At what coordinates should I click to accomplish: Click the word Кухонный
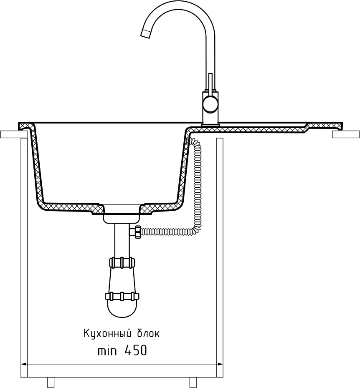coord(107,334)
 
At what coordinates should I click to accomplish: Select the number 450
coord(136,350)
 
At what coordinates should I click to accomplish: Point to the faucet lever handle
coord(210,84)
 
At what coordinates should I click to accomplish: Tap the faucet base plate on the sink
coord(210,126)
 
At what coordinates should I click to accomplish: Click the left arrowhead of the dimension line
coord(24,364)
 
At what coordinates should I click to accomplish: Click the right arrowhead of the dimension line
coord(220,364)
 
